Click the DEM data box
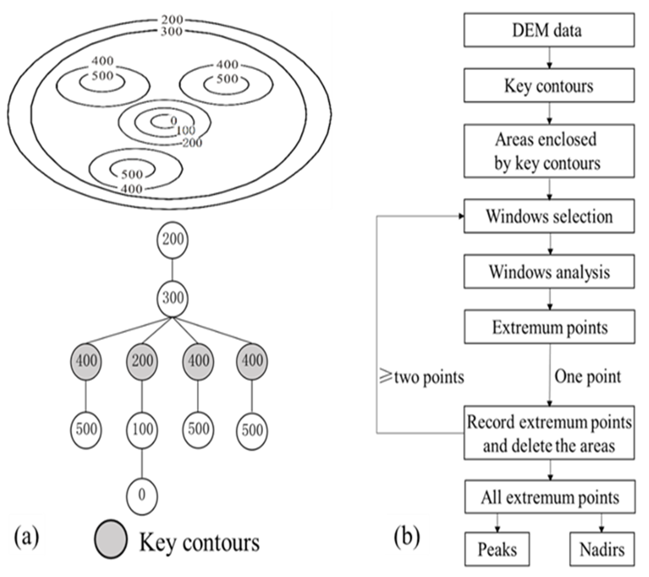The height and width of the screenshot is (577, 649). click(549, 30)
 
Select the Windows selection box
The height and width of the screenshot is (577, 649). click(549, 216)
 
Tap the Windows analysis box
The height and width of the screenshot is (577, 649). click(549, 272)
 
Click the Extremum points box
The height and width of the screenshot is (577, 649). click(550, 327)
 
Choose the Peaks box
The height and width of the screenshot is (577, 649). click(497, 549)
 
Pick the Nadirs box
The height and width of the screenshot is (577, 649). click(602, 549)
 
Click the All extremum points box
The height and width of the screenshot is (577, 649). click(550, 497)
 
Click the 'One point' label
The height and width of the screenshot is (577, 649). click(587, 377)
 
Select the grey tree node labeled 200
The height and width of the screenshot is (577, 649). click(142, 361)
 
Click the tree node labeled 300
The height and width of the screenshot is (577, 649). click(173, 298)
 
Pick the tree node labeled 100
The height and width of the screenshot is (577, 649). click(142, 430)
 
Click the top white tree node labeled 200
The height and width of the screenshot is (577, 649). click(173, 239)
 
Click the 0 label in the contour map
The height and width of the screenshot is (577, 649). click(173, 121)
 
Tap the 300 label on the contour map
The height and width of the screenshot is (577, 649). click(171, 31)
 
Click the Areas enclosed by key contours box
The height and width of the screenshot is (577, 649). click(549, 151)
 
